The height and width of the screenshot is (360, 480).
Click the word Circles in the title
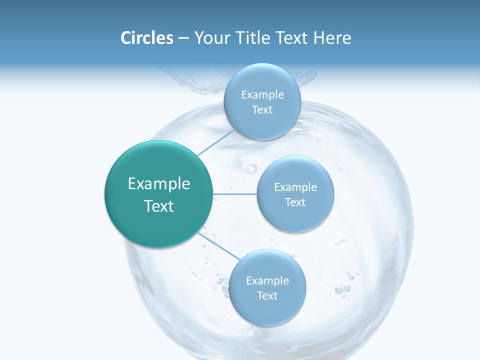(x=147, y=38)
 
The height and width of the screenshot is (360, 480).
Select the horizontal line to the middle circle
(x=235, y=194)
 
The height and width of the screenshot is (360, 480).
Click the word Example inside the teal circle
(x=159, y=184)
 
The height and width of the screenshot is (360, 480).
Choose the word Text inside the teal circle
(x=159, y=206)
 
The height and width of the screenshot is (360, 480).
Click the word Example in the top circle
(x=262, y=94)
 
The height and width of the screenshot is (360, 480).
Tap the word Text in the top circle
(x=262, y=109)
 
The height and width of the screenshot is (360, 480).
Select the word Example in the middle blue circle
(x=295, y=187)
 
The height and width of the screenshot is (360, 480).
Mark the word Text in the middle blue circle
(x=295, y=202)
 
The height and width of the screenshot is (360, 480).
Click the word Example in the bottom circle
(x=267, y=280)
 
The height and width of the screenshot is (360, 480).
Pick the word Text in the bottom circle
(x=267, y=295)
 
